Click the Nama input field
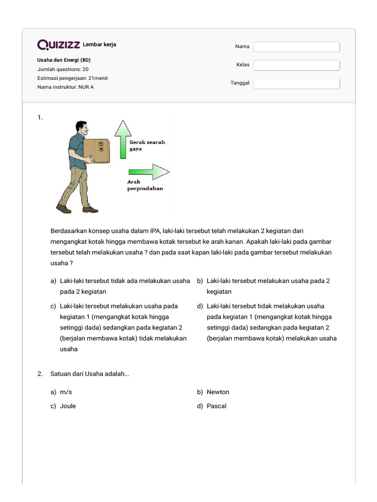(x=296, y=47)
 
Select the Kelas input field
(x=296, y=65)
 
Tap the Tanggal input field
(x=296, y=83)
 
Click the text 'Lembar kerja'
(x=100, y=45)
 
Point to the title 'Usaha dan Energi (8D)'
(x=64, y=60)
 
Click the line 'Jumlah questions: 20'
(x=63, y=69)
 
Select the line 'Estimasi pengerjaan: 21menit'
(x=73, y=78)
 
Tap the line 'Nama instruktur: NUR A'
(x=65, y=87)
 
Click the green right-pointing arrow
(x=149, y=172)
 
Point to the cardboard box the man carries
(x=96, y=150)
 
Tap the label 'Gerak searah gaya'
(x=147, y=145)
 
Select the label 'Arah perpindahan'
(x=145, y=185)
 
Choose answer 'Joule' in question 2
(x=68, y=406)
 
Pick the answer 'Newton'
(x=217, y=392)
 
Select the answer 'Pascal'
(x=216, y=406)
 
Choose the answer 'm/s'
(x=66, y=392)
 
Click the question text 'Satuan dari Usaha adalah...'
(x=90, y=374)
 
